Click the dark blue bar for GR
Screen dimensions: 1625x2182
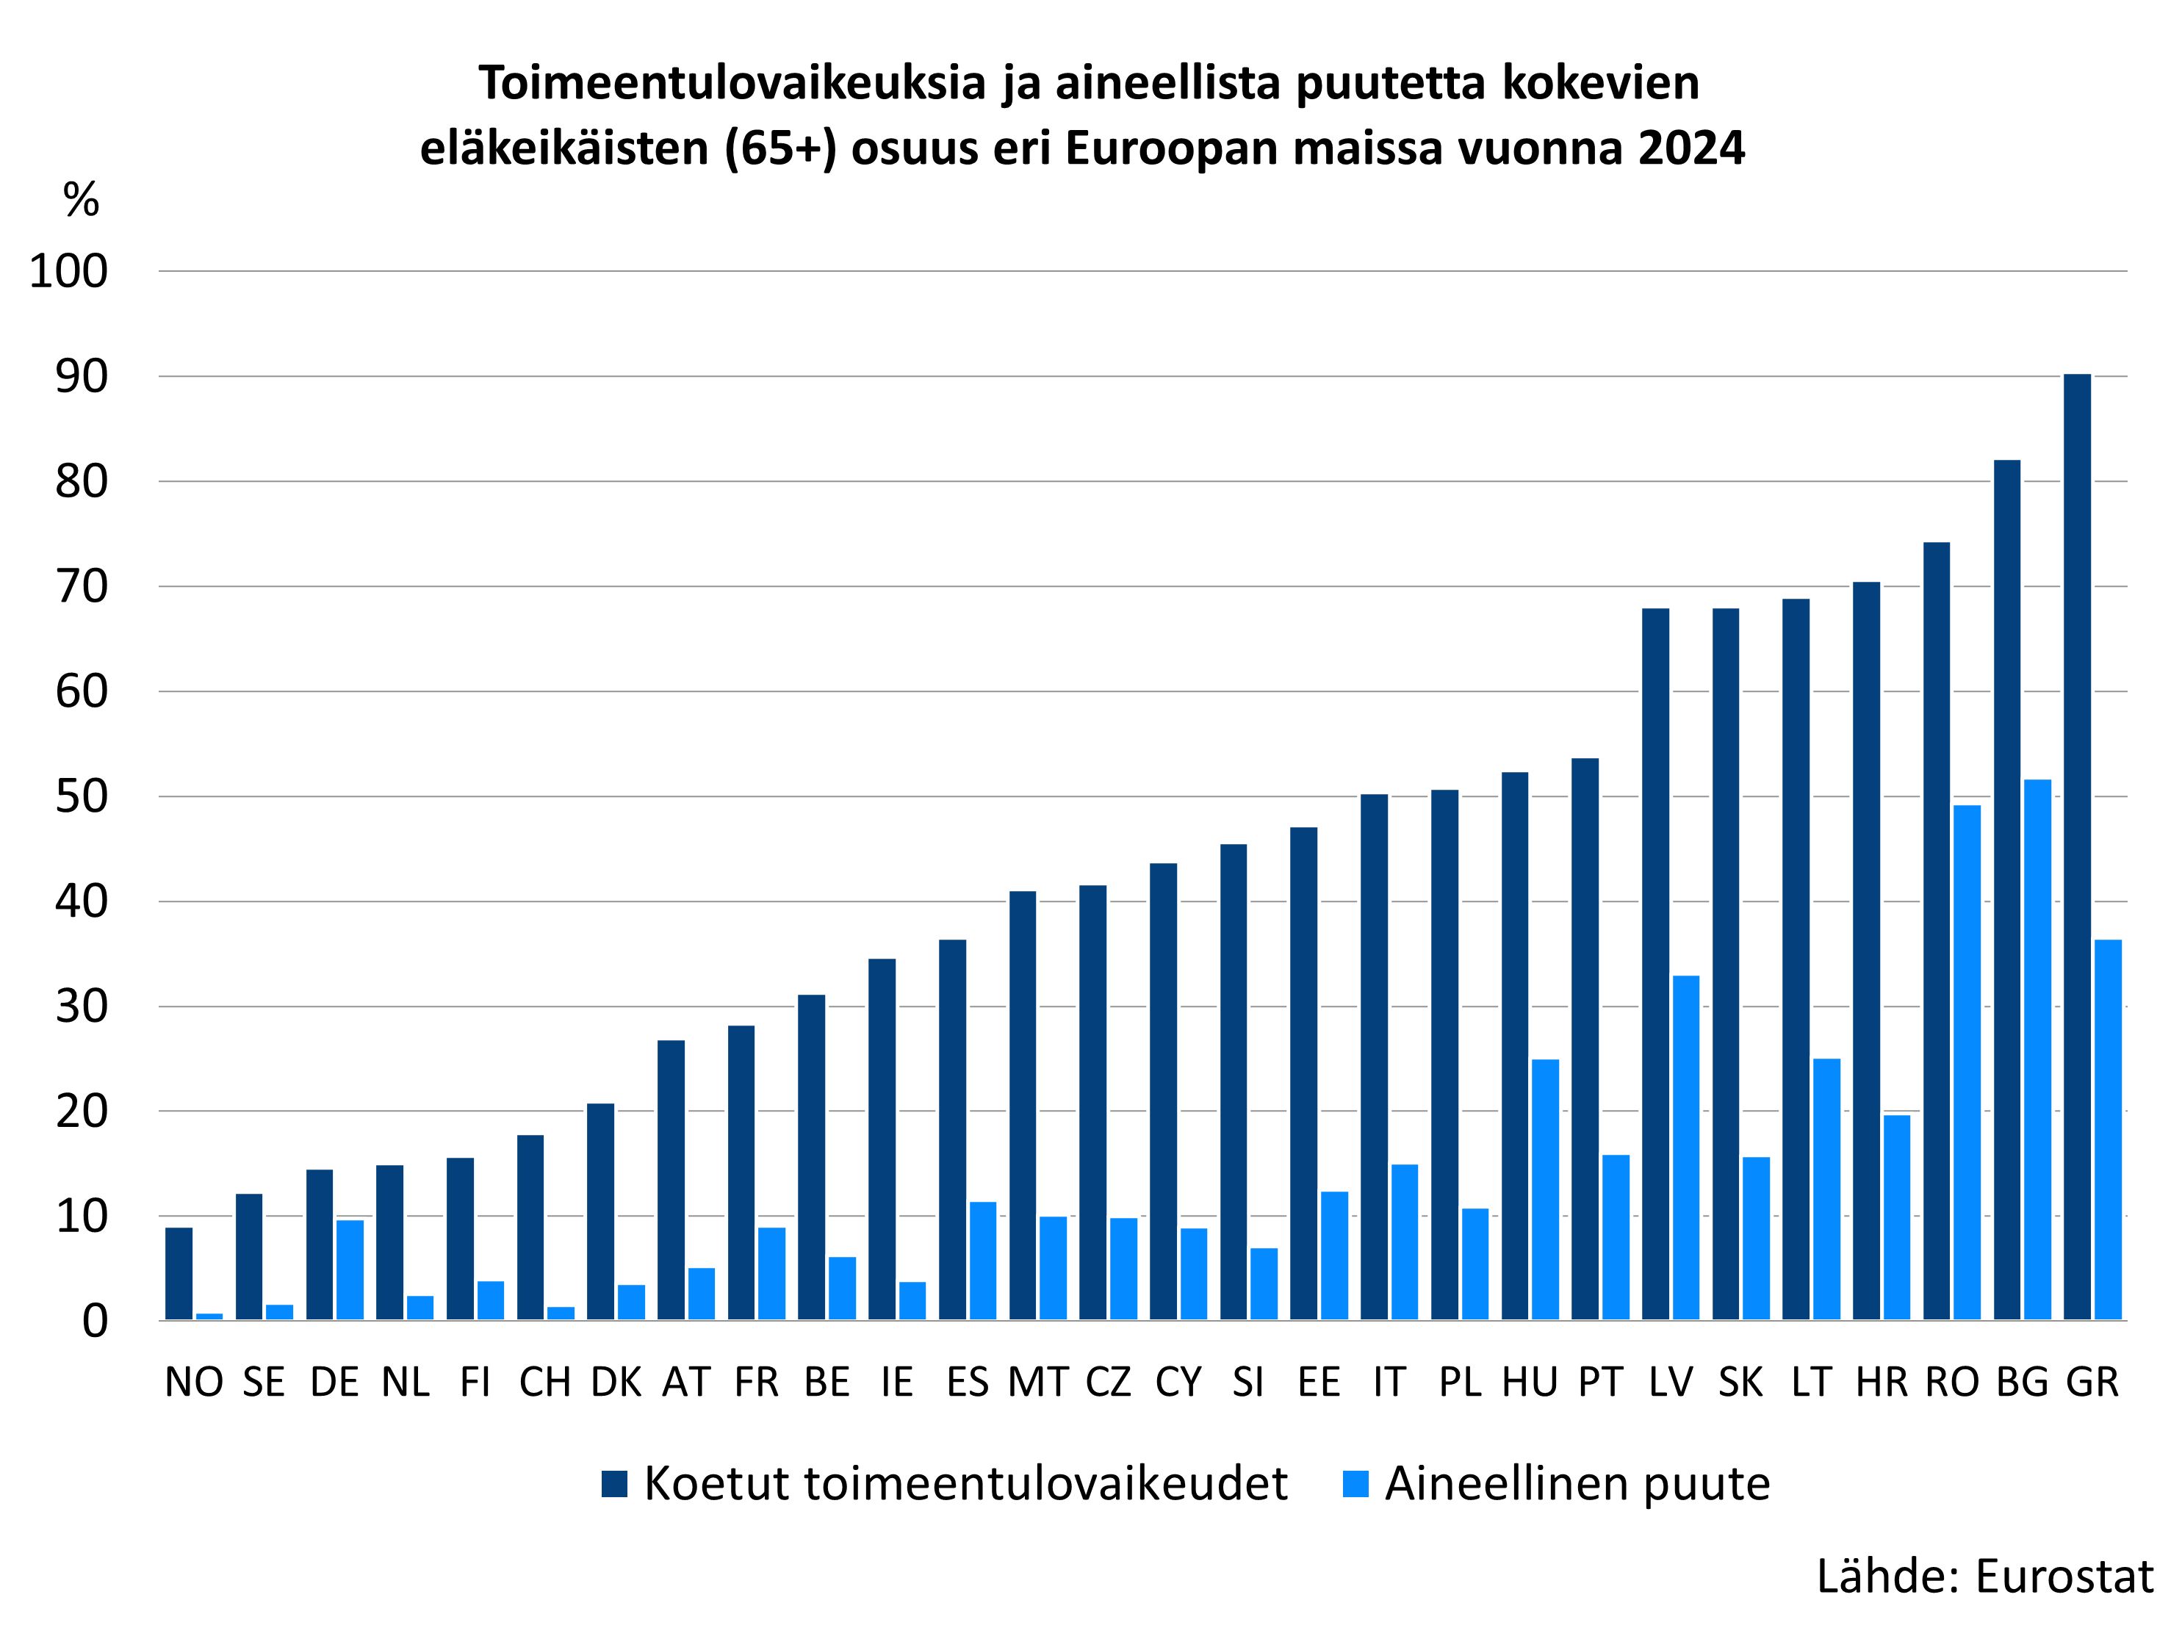(x=2077, y=846)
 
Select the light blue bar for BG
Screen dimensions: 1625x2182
(x=2037, y=1050)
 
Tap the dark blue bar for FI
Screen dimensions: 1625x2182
(x=461, y=1239)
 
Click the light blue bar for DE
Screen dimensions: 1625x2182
(x=350, y=1270)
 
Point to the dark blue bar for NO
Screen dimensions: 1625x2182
(x=179, y=1274)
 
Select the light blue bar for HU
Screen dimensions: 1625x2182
(x=1546, y=1189)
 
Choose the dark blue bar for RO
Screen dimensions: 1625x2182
(x=1936, y=931)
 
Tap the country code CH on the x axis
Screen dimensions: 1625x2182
(x=545, y=1382)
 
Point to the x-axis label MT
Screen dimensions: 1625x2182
(x=1038, y=1382)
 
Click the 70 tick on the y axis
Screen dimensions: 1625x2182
(x=82, y=587)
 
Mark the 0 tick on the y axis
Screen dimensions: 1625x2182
(x=95, y=1321)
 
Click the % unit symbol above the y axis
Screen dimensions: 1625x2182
(x=81, y=200)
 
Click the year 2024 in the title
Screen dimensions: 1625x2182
(x=1691, y=148)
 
